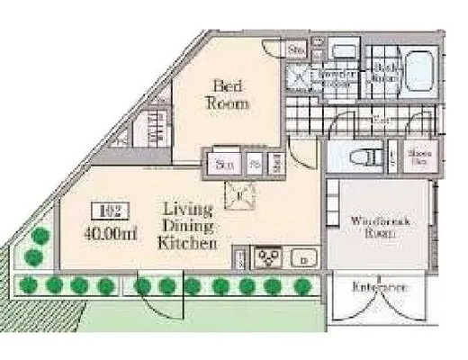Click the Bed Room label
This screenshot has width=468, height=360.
pyautogui.click(x=230, y=94)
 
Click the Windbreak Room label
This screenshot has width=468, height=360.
pyautogui.click(x=368, y=224)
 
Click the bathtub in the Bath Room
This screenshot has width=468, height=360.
pyautogui.click(x=418, y=69)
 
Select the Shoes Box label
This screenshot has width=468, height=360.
pyautogui.click(x=417, y=157)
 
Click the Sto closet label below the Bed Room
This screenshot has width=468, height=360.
pyautogui.click(x=222, y=165)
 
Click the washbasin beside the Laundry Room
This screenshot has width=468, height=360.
pyautogui.click(x=341, y=51)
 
